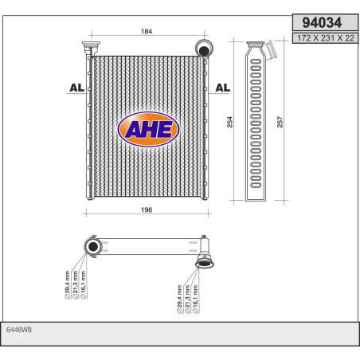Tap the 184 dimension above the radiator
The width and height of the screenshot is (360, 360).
(147, 32)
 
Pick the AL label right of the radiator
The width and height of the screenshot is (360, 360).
(223, 88)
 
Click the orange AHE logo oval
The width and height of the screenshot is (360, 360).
(148, 128)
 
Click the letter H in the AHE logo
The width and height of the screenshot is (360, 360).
(149, 128)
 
